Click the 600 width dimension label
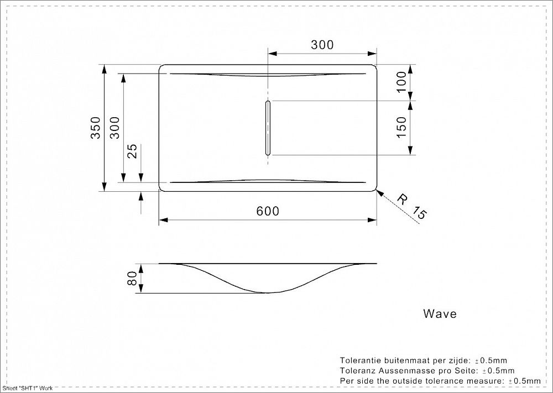tap(268, 211)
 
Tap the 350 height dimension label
tap(95, 128)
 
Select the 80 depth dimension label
tap(132, 279)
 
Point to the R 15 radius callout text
tap(413, 208)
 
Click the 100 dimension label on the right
tap(401, 82)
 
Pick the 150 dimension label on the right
tap(401, 128)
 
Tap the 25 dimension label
tap(132, 151)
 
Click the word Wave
tap(440, 314)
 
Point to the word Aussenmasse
tap(406, 370)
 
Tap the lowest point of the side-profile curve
tap(268, 292)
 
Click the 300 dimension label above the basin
tap(322, 45)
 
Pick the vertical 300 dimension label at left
tap(114, 128)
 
